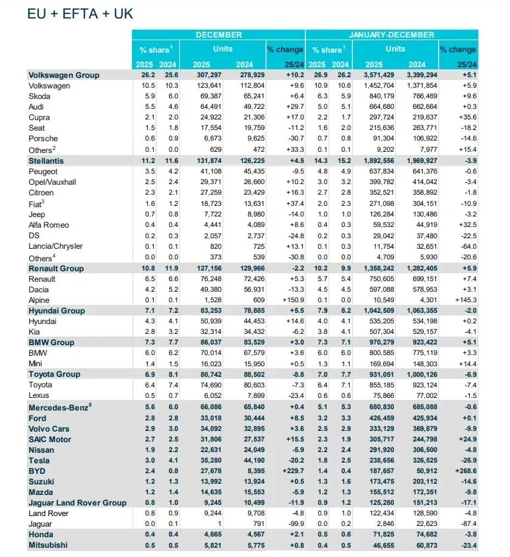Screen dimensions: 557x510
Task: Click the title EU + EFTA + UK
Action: (75, 14)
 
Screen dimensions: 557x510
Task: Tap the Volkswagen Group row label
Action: (64, 75)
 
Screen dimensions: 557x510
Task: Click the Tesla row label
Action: (39, 460)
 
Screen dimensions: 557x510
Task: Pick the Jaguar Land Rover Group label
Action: (77, 503)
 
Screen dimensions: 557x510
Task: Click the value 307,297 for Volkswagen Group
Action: (206, 75)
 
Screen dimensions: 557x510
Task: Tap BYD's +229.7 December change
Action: (289, 471)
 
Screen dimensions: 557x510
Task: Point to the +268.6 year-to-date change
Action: (462, 471)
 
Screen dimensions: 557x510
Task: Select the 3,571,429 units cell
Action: (375, 75)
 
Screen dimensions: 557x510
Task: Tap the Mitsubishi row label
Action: (49, 545)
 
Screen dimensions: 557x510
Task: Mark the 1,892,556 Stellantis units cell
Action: (375, 161)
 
